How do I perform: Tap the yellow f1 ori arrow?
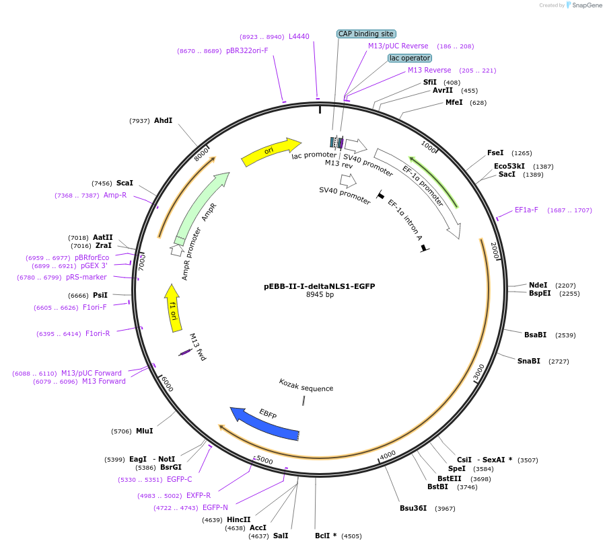coord(173,308)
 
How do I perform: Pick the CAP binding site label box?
coord(366,34)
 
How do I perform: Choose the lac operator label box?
coord(410,58)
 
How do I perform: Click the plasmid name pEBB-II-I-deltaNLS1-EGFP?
coord(319,286)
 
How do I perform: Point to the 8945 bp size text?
coord(320,294)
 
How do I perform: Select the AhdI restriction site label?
coord(163,121)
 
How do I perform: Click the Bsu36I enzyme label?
coord(413,508)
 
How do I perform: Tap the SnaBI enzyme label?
coord(528,361)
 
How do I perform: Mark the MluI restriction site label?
coord(144,431)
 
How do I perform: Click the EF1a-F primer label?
coord(526,210)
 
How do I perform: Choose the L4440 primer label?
coord(299,36)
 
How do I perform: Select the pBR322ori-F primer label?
coord(247,50)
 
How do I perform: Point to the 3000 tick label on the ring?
coord(479,372)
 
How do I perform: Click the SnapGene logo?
coord(583,5)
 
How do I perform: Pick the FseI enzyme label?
coord(496,153)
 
